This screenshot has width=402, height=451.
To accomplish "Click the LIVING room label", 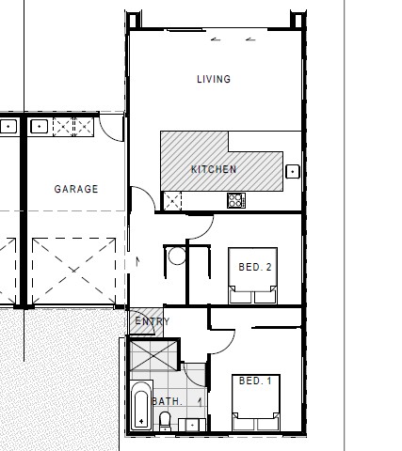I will pyautogui.click(x=213, y=79).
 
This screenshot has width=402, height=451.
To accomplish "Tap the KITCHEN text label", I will pyautogui.click(x=214, y=169).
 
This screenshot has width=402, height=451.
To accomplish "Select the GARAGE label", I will pyautogui.click(x=75, y=189).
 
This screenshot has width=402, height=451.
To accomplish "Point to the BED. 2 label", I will pyautogui.click(x=255, y=268).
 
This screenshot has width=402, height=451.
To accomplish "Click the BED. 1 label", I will pyautogui.click(x=255, y=381).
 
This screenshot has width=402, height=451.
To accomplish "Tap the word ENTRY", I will pyautogui.click(x=152, y=322).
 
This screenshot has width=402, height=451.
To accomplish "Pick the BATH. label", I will pyautogui.click(x=167, y=401).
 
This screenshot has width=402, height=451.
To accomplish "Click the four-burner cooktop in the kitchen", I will pyautogui.click(x=235, y=200).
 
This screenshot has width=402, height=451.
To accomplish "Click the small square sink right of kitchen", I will pyautogui.click(x=293, y=171).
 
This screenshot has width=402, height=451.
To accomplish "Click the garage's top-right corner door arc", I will pyautogui.click(x=112, y=129).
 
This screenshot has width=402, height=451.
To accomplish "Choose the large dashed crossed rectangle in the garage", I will pyautogui.click(x=72, y=271).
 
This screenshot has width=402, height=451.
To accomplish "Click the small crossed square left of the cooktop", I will pyautogui.click(x=172, y=200).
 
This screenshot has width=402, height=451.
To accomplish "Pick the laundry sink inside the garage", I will pyautogui.click(x=40, y=125).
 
